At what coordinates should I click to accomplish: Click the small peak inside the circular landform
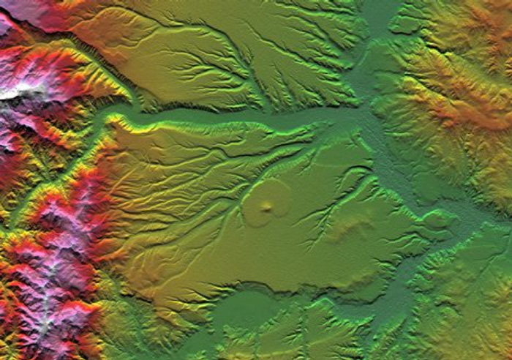(x=266, y=208)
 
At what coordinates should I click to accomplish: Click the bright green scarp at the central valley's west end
(x=121, y=121)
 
